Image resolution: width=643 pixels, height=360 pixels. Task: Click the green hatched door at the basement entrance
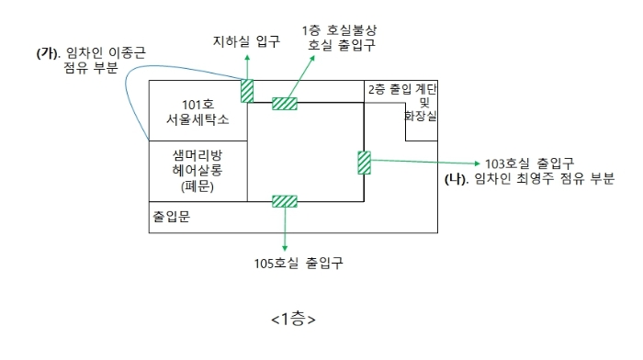pyautogui.click(x=247, y=91)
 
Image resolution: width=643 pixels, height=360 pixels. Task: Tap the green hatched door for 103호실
pyautogui.click(x=364, y=163)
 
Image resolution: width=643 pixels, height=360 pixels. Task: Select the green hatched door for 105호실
pyautogui.click(x=285, y=201)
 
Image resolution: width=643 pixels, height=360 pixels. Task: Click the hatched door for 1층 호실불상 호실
pyautogui.click(x=285, y=104)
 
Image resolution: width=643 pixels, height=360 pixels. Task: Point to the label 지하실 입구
pyautogui.click(x=246, y=41)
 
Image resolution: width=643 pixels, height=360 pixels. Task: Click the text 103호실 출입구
pyautogui.click(x=529, y=163)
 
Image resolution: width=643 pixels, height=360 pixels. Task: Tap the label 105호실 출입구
pyautogui.click(x=299, y=263)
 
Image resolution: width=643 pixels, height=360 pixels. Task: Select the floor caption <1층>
pyautogui.click(x=293, y=319)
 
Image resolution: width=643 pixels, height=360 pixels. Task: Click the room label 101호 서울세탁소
pyautogui.click(x=197, y=112)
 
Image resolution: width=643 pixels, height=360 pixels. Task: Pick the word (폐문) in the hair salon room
pyautogui.click(x=197, y=186)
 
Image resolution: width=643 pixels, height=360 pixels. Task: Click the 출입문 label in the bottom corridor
pyautogui.click(x=172, y=217)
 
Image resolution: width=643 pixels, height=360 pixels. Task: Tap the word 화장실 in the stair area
pyautogui.click(x=421, y=116)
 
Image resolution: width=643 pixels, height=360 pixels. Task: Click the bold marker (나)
pyautogui.click(x=457, y=179)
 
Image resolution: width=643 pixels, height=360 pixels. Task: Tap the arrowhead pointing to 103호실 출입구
pyautogui.click(x=477, y=163)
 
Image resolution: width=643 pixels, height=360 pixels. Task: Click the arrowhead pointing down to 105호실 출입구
pyautogui.click(x=285, y=248)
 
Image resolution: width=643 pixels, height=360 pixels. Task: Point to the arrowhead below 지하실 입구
pyautogui.click(x=247, y=58)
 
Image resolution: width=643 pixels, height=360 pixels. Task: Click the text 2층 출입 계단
pyautogui.click(x=402, y=89)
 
